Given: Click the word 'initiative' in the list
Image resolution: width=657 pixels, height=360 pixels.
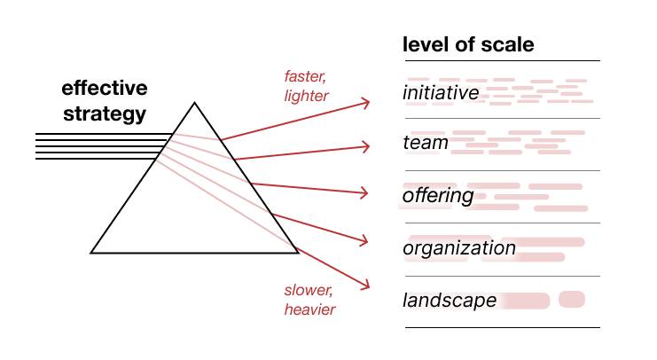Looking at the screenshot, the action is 441,92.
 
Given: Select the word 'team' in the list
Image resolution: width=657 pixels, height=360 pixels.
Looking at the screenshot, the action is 426,143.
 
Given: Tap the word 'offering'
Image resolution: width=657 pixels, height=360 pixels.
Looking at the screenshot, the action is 438,196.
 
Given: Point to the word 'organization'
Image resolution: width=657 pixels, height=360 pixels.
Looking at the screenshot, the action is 459,248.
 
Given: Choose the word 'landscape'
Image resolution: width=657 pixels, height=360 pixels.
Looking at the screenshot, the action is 450,300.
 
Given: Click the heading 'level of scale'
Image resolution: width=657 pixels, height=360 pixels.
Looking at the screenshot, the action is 468,44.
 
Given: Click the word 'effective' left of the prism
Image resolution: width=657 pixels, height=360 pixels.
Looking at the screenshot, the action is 105,88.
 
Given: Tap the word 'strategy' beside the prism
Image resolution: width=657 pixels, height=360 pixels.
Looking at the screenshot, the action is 105,114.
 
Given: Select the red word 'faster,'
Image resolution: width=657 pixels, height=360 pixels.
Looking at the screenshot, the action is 305,76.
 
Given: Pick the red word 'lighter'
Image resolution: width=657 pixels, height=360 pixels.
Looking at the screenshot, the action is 306,96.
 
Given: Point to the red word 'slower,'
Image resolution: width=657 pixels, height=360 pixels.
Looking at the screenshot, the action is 309,290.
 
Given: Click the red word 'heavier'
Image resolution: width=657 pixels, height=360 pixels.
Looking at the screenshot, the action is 310,309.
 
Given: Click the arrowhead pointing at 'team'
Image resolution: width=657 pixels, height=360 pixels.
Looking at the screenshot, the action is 365,146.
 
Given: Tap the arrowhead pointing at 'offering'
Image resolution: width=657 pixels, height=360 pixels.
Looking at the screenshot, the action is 364,192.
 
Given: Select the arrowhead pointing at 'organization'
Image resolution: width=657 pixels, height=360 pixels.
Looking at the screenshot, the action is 364,240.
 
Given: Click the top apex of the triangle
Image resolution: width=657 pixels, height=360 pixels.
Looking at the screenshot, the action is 194,102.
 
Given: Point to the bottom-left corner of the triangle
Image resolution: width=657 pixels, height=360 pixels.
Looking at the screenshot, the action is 91,253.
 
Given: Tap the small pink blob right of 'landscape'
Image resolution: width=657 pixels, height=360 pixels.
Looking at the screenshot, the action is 572,299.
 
